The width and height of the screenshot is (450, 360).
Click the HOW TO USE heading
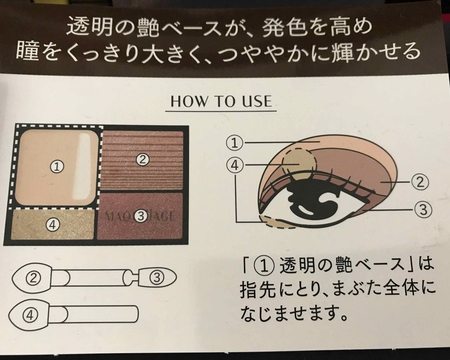221,102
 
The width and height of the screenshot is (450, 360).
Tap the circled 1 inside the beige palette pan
58,166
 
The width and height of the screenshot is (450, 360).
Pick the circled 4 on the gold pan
52,224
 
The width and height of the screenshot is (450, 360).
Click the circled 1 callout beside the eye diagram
235,142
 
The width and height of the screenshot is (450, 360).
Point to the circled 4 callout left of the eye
235,165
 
